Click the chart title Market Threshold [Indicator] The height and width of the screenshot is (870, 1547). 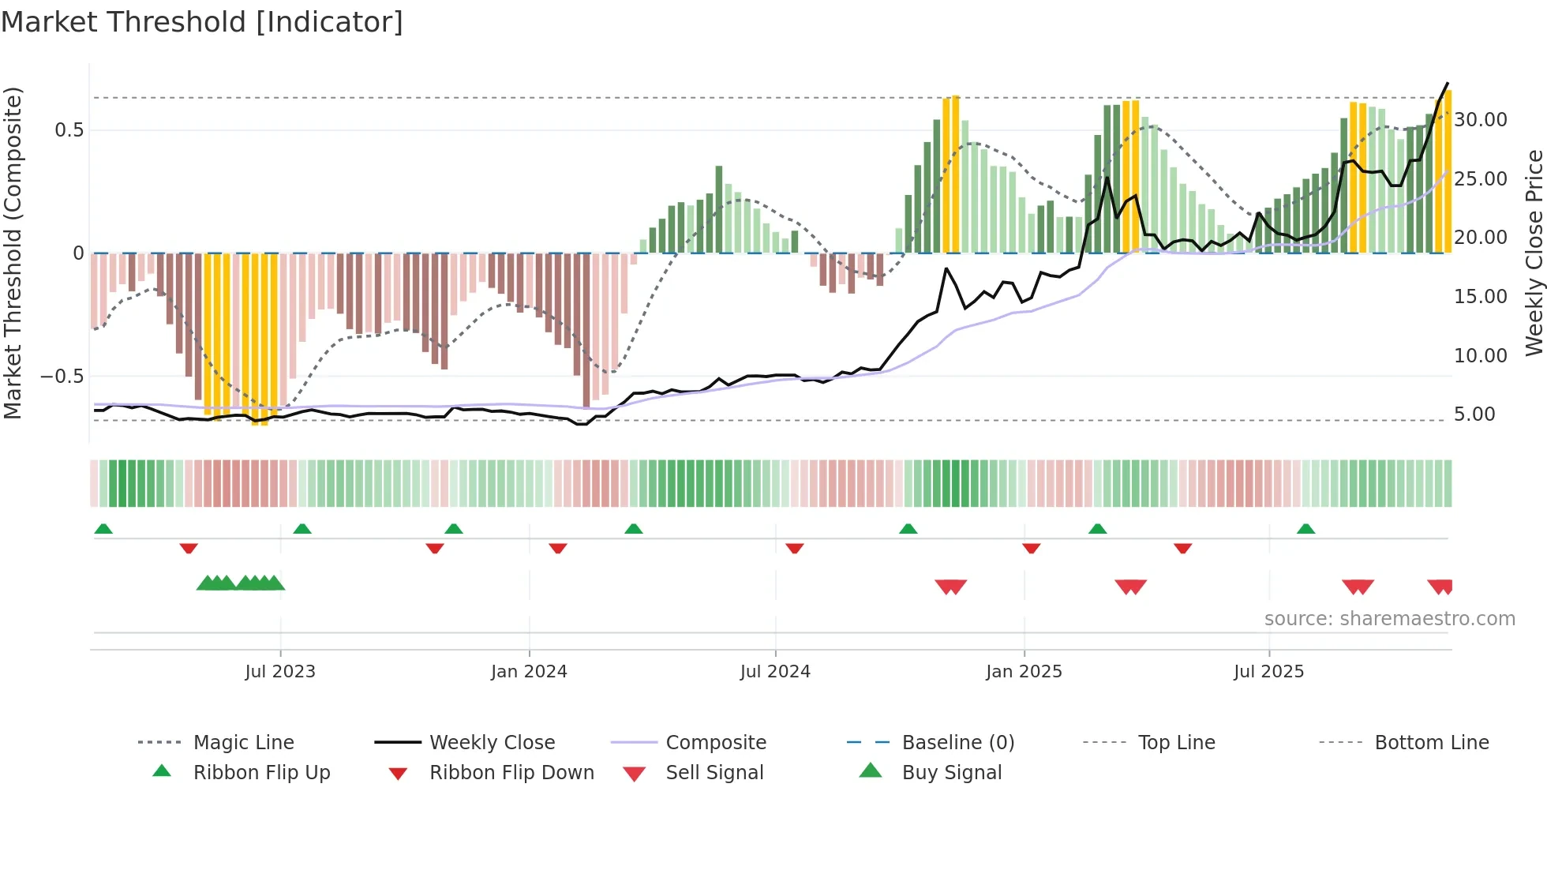[202, 22]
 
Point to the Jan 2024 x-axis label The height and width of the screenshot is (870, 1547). [529, 671]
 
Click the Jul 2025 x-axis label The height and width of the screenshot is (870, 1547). [1268, 671]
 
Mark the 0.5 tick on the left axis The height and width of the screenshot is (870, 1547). [69, 130]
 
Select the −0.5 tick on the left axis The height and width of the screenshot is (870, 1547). [63, 377]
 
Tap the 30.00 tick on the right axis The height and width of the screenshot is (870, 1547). [1480, 120]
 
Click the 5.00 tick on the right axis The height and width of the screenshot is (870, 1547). [1474, 414]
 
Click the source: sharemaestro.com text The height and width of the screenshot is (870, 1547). [1389, 618]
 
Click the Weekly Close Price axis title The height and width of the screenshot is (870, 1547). [1534, 253]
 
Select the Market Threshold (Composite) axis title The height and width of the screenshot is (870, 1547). [13, 253]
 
